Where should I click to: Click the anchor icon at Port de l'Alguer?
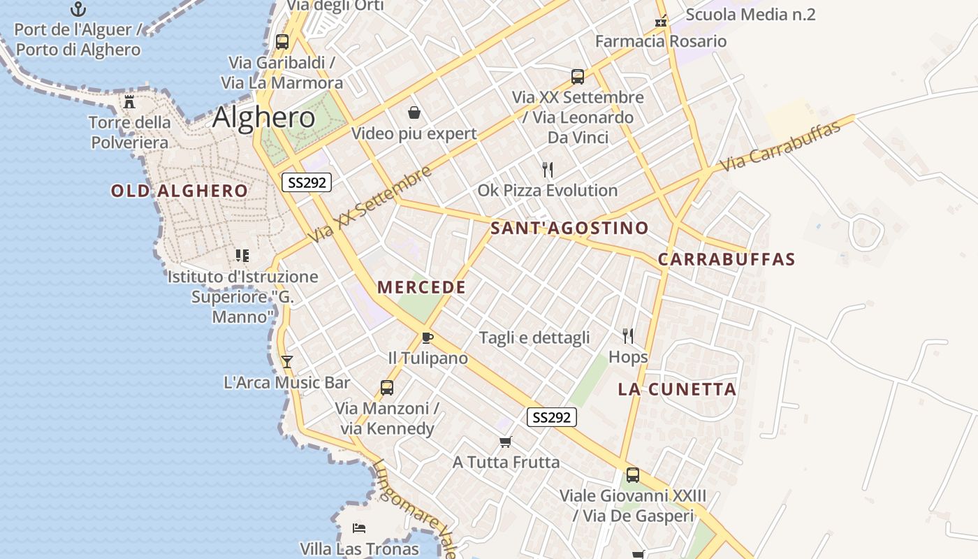78,9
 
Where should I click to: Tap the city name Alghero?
263,117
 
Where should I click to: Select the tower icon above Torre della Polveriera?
129,102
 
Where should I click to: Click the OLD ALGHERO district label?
180,191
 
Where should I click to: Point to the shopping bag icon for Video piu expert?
414,112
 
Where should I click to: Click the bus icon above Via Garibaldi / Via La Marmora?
282,41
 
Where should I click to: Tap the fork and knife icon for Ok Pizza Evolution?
548,169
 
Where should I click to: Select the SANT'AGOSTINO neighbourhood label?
569,228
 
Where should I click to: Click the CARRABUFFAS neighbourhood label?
727,259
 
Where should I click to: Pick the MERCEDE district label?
421,287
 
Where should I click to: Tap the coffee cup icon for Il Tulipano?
428,338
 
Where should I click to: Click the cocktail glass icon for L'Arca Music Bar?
286,362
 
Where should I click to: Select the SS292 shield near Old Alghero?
307,182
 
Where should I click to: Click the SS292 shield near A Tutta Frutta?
551,417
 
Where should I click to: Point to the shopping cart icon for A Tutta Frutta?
506,442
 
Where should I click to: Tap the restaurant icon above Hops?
628,336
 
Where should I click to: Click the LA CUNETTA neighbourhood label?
677,389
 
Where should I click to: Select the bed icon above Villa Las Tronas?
359,528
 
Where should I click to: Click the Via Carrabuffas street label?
780,147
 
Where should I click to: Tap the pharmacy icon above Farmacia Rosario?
661,22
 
